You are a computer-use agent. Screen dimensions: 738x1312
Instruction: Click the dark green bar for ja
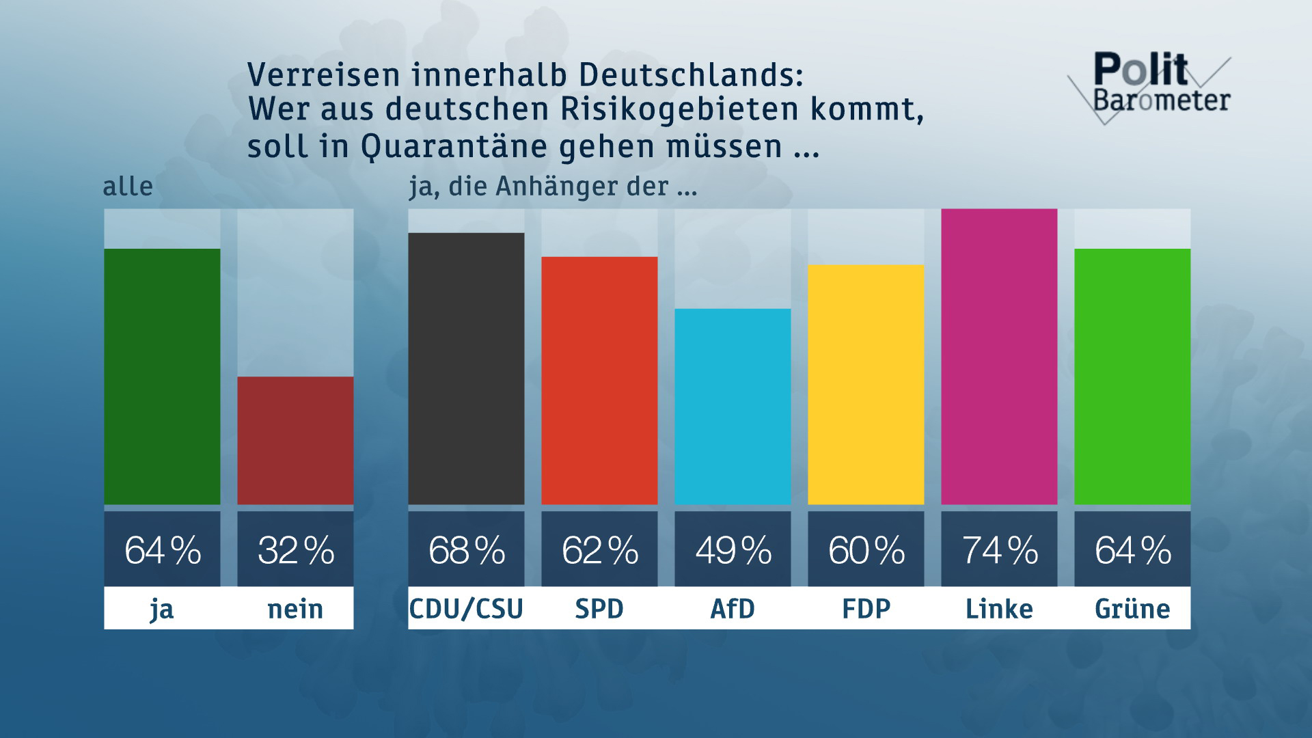coord(162,377)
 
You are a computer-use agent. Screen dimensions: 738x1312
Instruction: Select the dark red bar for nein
coord(295,441)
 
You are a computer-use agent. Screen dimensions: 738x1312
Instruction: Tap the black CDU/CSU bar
coord(466,369)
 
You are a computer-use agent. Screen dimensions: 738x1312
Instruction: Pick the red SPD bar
coord(599,381)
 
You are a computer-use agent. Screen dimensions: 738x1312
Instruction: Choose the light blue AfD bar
coord(733,407)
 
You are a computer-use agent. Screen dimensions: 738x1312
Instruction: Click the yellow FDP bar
coord(866,385)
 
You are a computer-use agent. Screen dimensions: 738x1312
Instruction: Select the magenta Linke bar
coord(999,357)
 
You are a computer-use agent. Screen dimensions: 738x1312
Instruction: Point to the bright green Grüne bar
coord(1132,377)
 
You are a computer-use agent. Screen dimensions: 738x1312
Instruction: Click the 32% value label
coord(295,550)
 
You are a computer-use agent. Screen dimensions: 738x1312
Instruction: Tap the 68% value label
coord(466,550)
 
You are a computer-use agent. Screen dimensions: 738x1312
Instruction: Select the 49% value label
coord(733,550)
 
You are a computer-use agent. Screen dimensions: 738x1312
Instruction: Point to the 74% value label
coord(999,550)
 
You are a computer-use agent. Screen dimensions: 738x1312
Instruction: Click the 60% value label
coord(866,550)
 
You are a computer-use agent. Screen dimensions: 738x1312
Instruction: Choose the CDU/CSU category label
coord(466,609)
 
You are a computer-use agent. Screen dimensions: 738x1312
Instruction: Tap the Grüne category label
coord(1132,609)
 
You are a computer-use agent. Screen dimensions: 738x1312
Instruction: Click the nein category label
coord(295,609)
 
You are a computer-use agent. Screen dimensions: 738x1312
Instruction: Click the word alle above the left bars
coord(128,187)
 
